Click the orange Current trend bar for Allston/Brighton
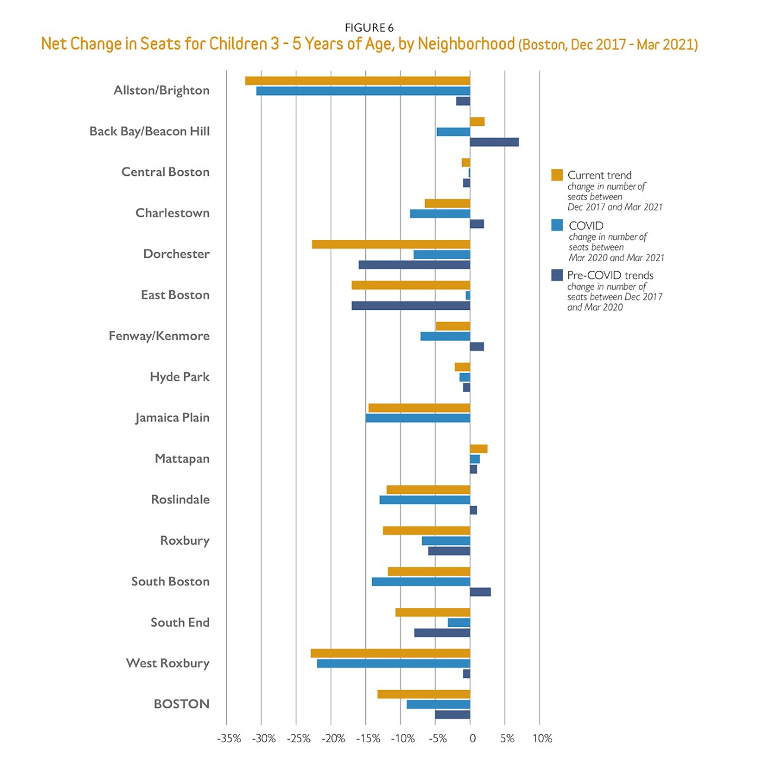(x=357, y=81)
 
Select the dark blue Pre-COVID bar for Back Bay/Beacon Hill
(x=494, y=142)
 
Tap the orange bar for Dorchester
(x=391, y=244)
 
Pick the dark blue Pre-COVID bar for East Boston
(x=410, y=306)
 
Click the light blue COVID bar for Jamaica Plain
(x=417, y=418)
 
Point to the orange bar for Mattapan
(x=479, y=449)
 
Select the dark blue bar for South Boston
(x=480, y=592)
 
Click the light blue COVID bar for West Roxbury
(x=393, y=663)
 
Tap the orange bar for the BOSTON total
(x=423, y=694)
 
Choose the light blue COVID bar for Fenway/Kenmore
(x=445, y=336)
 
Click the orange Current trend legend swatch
(x=557, y=175)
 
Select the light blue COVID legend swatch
(x=557, y=225)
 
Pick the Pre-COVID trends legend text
(x=610, y=275)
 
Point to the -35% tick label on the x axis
(x=229, y=739)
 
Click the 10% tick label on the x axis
(x=542, y=739)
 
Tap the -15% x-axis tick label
(x=368, y=739)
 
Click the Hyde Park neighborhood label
(x=179, y=377)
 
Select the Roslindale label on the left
(x=180, y=499)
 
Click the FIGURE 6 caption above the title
(x=369, y=28)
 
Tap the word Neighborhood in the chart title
(x=466, y=44)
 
